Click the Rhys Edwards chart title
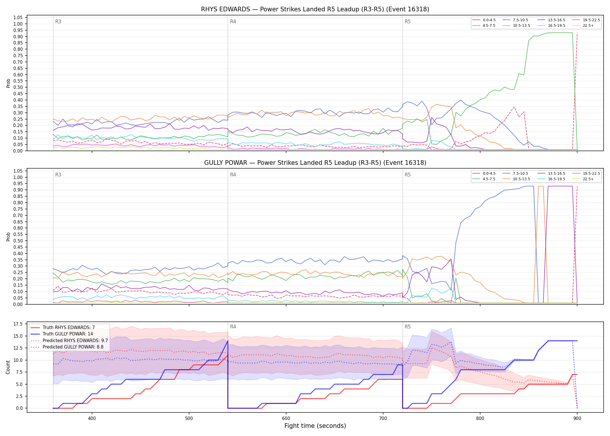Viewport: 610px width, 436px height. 315,9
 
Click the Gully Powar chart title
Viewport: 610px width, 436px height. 315,163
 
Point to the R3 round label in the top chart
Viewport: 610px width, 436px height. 58,22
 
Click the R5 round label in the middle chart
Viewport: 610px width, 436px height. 408,175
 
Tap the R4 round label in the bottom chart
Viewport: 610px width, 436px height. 233,327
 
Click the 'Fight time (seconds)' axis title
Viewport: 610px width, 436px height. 315,426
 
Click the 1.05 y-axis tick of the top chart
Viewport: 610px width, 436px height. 18,18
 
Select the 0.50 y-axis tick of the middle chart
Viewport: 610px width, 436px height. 18,241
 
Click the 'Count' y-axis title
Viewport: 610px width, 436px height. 8,367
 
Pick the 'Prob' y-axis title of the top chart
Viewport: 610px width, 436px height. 8,83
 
